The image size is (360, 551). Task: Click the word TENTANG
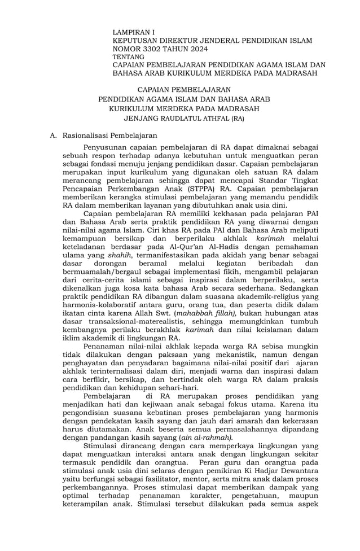pos(128,57)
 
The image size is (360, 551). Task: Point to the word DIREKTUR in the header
pos(183,41)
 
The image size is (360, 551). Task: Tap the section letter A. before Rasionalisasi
pos(54,135)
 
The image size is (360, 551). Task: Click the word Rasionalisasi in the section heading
pos(87,135)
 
